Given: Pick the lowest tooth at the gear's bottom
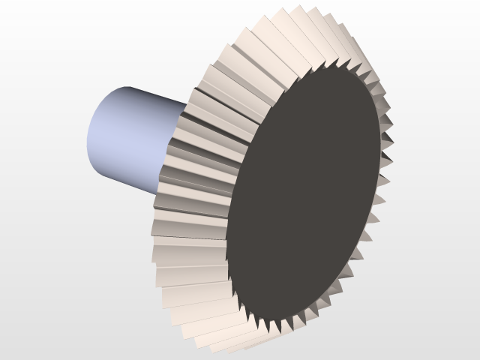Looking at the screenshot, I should point(225,346).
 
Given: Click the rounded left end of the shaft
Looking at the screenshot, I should point(93,135).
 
